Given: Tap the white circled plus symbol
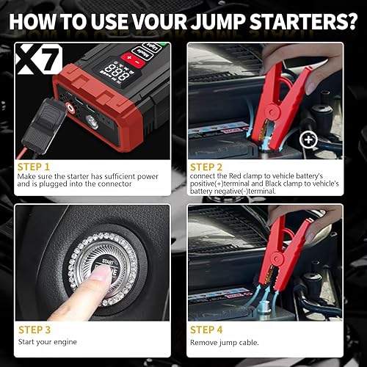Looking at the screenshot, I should coord(309,139).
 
